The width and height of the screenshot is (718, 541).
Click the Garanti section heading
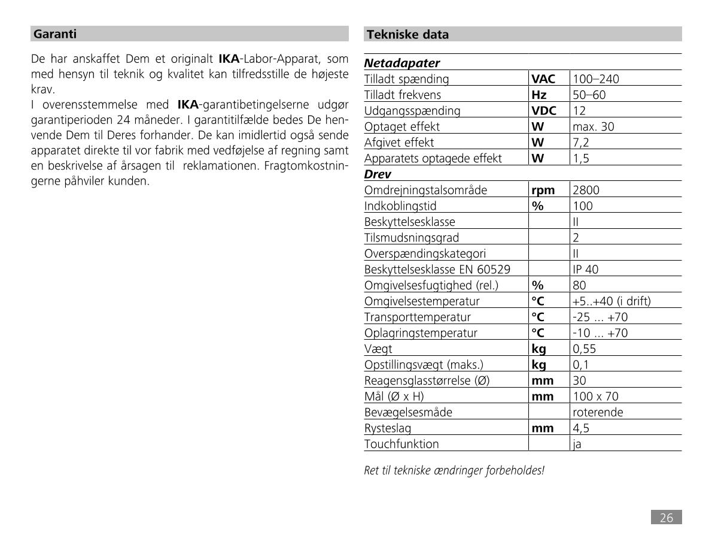tap(55, 34)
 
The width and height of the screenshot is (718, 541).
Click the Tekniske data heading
tap(407, 35)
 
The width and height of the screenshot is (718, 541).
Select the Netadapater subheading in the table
tap(402, 63)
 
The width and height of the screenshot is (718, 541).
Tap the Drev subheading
tap(378, 174)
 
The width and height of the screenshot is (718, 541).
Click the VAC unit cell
tap(543, 79)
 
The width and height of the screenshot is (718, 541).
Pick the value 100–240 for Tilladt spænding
tap(596, 79)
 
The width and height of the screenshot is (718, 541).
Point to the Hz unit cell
tap(539, 95)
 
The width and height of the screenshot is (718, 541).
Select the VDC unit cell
tap(544, 111)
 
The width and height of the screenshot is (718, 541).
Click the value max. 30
tap(594, 126)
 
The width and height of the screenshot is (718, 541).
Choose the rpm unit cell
tap(543, 191)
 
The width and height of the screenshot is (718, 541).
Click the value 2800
tap(586, 191)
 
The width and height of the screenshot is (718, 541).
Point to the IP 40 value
tap(585, 270)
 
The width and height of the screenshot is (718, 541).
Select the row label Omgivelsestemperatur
tap(422, 301)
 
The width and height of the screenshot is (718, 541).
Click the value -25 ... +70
tap(600, 318)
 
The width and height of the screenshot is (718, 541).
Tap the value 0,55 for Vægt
tap(585, 349)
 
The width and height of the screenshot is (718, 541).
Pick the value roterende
tap(598, 412)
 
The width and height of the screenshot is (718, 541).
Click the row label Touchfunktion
tap(401, 444)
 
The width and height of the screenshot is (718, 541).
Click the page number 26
tap(666, 518)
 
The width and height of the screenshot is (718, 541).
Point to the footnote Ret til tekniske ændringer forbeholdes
tap(454, 470)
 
